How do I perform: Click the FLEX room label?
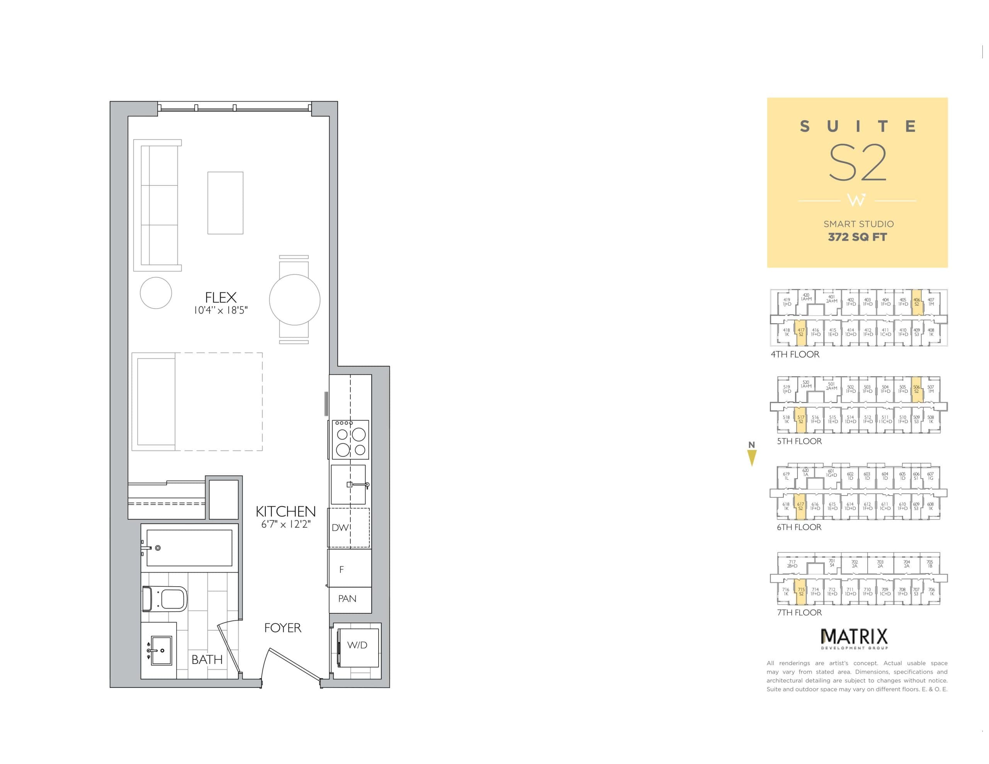tap(221, 297)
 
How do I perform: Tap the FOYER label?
tap(282, 628)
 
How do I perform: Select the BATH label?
tap(207, 659)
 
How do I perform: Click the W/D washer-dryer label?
tap(357, 645)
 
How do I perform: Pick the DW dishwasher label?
tap(340, 528)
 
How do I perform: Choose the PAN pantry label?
tap(347, 599)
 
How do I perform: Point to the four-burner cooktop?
tap(350, 440)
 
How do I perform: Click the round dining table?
tap(295, 299)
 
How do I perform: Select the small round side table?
tap(156, 293)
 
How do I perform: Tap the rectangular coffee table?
tap(226, 203)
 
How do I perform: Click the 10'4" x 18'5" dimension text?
tap(221, 310)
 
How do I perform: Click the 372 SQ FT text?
tap(857, 237)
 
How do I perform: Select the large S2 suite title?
tap(857, 163)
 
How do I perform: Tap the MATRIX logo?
tap(854, 638)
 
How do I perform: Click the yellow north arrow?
tap(752, 458)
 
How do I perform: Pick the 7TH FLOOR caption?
tap(799, 612)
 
